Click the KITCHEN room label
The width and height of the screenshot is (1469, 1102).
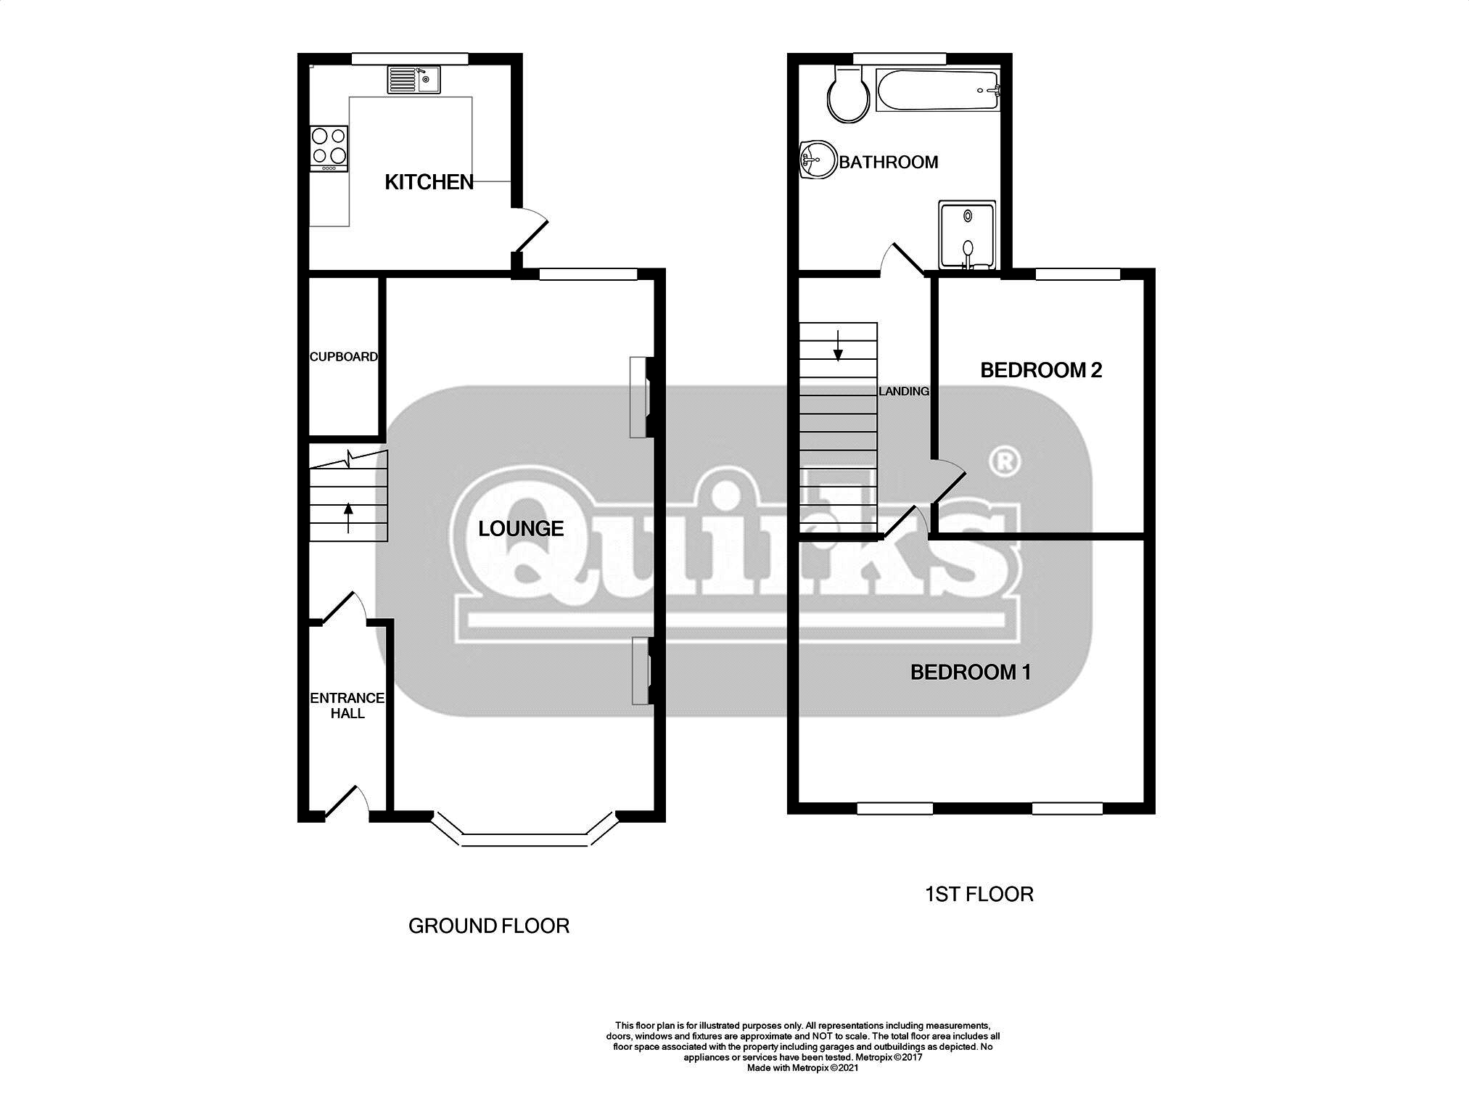pos(429,182)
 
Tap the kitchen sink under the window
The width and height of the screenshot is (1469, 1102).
pos(413,80)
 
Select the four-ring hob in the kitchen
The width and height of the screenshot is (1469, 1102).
pos(329,146)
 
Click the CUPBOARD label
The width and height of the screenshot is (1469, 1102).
pos(343,356)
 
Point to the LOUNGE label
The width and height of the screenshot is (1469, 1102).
pos(521,528)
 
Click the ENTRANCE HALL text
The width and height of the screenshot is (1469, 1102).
pos(347,705)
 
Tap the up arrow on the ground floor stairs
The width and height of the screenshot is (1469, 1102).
pos(348,517)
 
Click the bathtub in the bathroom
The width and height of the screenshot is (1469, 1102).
pos(938,90)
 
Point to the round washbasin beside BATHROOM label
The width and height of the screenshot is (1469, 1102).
pos(817,160)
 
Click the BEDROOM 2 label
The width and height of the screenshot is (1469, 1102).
pos(1040,370)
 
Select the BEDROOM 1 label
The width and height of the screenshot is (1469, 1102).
pos(970,672)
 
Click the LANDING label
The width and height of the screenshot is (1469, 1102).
pos(903,391)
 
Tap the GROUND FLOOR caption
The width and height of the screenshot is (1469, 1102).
pos(488,926)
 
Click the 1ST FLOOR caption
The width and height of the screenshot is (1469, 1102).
pos(979,894)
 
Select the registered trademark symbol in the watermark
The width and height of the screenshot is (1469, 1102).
pos(1005,461)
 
